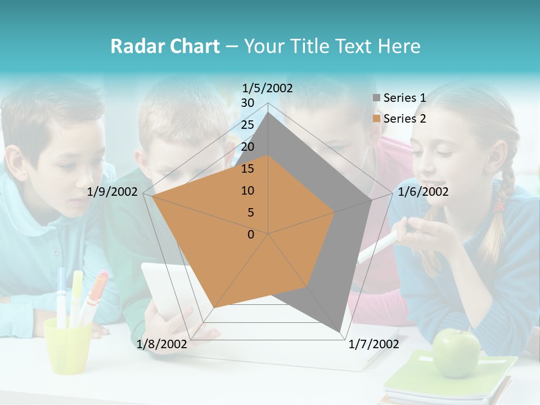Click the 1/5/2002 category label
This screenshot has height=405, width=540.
click(268, 88)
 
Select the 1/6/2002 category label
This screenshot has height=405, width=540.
click(423, 192)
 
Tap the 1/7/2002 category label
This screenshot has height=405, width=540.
click(373, 344)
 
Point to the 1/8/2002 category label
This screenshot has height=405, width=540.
click(162, 344)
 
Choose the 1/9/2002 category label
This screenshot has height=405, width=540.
click(112, 192)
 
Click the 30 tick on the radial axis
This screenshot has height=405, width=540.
click(247, 103)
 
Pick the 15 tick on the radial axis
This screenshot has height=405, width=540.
click(247, 169)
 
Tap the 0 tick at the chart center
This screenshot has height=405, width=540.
click(251, 235)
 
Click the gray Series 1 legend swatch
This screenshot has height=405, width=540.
click(377, 98)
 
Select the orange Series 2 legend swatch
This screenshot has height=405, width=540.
click(377, 119)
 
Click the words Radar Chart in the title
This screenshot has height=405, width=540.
click(165, 47)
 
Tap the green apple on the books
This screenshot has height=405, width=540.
click(456, 353)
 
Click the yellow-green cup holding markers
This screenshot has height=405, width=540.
click(67, 344)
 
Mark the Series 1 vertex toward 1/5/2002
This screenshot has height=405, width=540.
click(268, 112)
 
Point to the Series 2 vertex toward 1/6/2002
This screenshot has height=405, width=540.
click(335, 212)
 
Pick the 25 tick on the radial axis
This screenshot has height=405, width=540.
click(247, 125)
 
